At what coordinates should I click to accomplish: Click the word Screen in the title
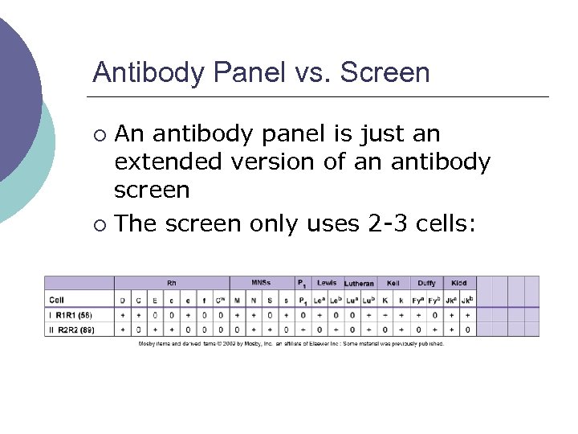pyautogui.click(x=385, y=72)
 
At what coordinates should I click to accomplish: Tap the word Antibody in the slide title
pyautogui.click(x=149, y=72)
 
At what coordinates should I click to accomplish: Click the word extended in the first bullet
pyautogui.click(x=169, y=162)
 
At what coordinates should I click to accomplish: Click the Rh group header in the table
pyautogui.click(x=171, y=283)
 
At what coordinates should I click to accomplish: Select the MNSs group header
pyautogui.click(x=261, y=283)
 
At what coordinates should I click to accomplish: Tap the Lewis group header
pyautogui.click(x=327, y=283)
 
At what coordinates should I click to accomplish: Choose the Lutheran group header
pyautogui.click(x=359, y=284)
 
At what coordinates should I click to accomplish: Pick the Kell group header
pyautogui.click(x=393, y=283)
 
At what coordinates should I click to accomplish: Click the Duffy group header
pyautogui.click(x=426, y=283)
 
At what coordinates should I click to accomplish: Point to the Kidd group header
pyautogui.click(x=458, y=283)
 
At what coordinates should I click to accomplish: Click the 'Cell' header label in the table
pyautogui.click(x=58, y=301)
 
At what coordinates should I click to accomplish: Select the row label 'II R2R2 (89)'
pyautogui.click(x=75, y=330)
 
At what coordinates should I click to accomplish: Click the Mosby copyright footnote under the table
pyautogui.click(x=291, y=344)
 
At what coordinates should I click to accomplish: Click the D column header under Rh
pyautogui.click(x=123, y=301)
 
